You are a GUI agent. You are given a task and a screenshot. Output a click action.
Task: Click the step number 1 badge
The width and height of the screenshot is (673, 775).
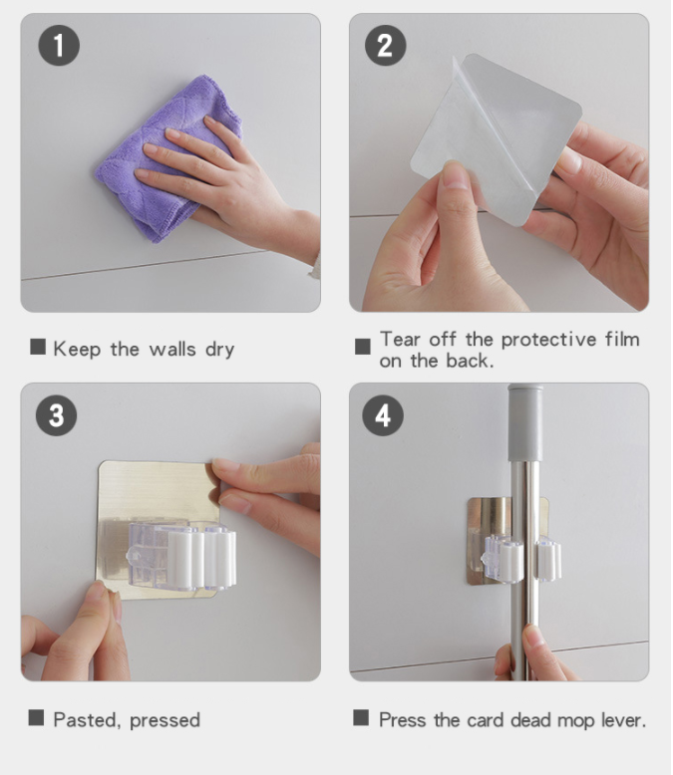(x=59, y=46)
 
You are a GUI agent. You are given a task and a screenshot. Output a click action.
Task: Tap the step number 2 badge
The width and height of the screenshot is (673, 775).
(x=386, y=46)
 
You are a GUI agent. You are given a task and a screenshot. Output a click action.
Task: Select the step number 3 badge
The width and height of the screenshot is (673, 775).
(x=57, y=415)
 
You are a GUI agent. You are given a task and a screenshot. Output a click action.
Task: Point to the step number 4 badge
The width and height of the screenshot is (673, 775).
(x=383, y=415)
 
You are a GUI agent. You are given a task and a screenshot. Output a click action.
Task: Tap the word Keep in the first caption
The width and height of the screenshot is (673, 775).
(x=77, y=350)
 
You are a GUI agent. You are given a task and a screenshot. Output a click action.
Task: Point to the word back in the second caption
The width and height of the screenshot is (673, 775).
(x=470, y=361)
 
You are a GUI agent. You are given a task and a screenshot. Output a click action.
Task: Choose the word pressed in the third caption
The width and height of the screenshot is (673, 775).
(x=165, y=721)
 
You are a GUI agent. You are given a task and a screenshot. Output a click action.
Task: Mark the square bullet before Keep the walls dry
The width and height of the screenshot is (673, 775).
(x=38, y=347)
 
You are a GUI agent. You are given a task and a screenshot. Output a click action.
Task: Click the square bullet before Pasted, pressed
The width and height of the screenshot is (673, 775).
(x=36, y=717)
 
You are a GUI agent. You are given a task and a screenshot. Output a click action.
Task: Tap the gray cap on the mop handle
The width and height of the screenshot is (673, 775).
(x=525, y=422)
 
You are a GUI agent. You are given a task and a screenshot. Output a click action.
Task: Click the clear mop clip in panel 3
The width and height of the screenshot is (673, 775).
(x=181, y=556)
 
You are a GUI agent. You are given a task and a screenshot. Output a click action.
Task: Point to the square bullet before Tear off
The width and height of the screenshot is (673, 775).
(x=363, y=347)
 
